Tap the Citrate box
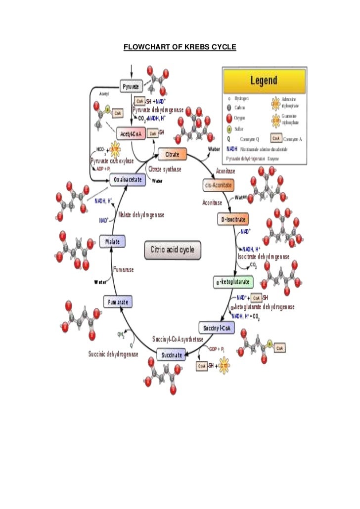172,154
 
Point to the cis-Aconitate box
218,185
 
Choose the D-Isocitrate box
232,219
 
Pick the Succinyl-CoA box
217,328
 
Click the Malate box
112,242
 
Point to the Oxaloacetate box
128,179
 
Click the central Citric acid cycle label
173,250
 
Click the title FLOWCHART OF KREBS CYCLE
180,47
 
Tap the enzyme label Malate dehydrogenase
141,215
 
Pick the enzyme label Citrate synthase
165,170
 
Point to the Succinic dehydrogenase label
113,354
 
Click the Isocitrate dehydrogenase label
264,256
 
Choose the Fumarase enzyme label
124,270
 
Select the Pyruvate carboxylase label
112,161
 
